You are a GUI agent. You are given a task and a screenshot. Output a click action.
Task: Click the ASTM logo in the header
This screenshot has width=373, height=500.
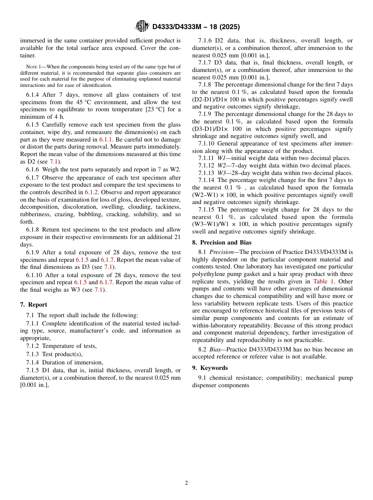[x=142, y=26]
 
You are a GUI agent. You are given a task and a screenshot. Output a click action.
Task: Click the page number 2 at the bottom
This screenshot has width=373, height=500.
[x=186, y=483]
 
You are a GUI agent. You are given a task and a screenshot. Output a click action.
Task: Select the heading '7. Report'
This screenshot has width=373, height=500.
[x=33, y=305]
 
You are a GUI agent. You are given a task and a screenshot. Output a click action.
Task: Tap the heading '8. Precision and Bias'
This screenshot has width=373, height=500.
[x=221, y=243]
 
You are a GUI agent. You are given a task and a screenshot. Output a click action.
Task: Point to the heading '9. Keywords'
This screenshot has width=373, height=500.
[x=210, y=368]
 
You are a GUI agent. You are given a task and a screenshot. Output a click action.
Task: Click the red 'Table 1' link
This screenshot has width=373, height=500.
[x=323, y=281]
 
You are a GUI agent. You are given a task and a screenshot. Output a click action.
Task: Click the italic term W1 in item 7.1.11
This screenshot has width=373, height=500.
[x=221, y=158]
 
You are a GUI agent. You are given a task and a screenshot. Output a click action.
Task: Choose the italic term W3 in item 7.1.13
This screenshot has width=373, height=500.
[x=221, y=173]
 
